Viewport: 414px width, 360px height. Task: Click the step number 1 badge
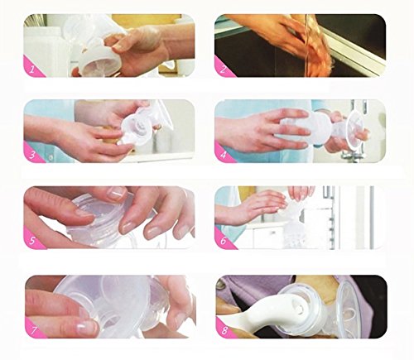(x=31, y=69)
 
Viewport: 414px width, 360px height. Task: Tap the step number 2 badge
(x=223, y=69)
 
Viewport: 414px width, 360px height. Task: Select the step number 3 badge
(x=31, y=155)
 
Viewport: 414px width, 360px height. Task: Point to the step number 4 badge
(x=223, y=155)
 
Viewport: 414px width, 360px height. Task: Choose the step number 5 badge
(x=31, y=241)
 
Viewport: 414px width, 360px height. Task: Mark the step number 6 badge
(x=223, y=241)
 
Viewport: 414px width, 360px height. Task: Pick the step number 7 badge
(x=33, y=329)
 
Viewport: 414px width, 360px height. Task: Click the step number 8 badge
(x=224, y=329)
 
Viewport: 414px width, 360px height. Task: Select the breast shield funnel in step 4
(x=355, y=129)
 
